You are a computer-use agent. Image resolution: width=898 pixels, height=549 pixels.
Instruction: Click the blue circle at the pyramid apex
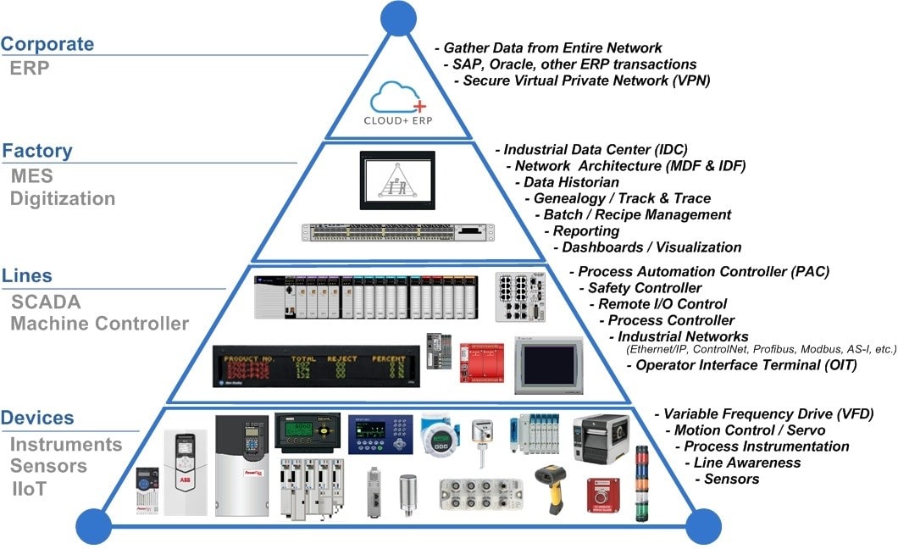(x=397, y=17)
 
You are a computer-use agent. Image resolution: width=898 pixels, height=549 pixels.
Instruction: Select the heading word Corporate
(x=47, y=44)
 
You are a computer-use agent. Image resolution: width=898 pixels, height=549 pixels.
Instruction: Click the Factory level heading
(x=37, y=152)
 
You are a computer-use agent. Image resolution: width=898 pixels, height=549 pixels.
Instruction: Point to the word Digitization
(x=63, y=199)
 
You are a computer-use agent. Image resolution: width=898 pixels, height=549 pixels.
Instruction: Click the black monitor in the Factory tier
(x=397, y=180)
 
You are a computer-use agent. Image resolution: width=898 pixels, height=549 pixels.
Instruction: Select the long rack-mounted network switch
(x=396, y=232)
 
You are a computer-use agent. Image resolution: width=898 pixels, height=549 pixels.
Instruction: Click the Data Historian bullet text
(x=571, y=182)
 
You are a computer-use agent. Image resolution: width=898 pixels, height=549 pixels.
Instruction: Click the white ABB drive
(x=186, y=469)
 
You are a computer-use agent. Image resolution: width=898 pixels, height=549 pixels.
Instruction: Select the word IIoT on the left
(x=30, y=489)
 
